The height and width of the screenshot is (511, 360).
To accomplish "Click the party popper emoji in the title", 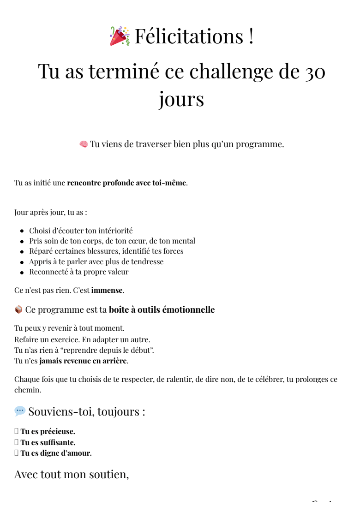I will [119, 36].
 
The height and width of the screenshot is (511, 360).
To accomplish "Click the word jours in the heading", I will [181, 99].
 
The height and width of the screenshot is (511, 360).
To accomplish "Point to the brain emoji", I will [84, 144].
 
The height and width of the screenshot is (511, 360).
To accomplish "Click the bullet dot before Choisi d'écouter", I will [22, 231].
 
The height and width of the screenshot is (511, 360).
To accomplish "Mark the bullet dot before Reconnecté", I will [22, 272].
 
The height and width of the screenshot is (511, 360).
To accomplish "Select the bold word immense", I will [107, 290].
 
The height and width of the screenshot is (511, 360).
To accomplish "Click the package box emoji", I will [18, 310].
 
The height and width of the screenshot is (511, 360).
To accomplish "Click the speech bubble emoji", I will [20, 411].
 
